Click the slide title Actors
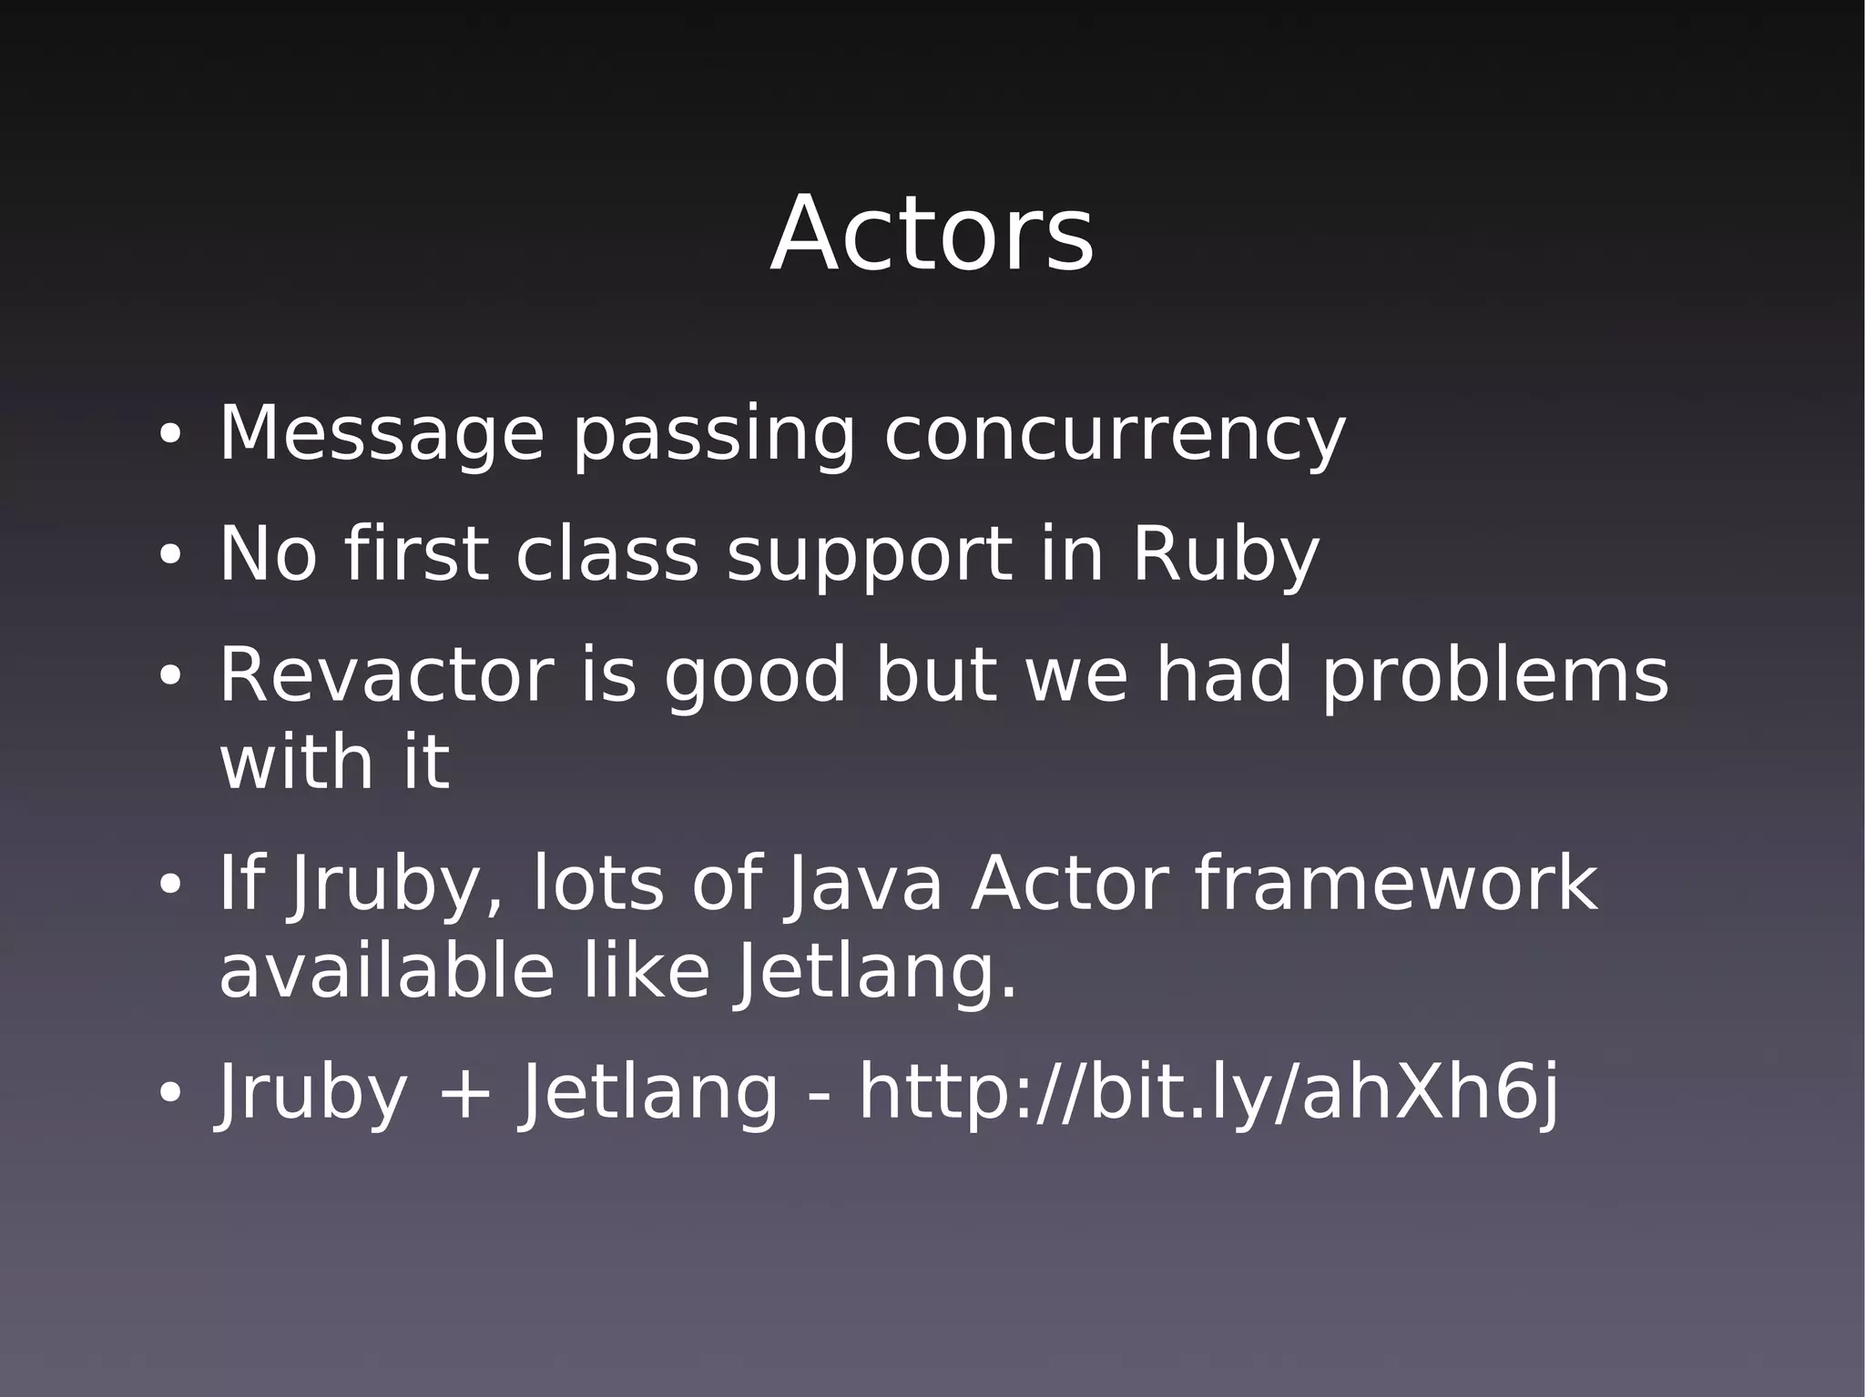click(x=932, y=235)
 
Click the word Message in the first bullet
click(x=382, y=434)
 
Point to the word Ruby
click(x=1225, y=555)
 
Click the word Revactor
click(x=386, y=675)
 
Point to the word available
click(x=386, y=971)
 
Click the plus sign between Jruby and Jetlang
click(x=464, y=1094)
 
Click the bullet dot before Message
click(x=169, y=436)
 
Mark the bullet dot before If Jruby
click(x=169, y=885)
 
